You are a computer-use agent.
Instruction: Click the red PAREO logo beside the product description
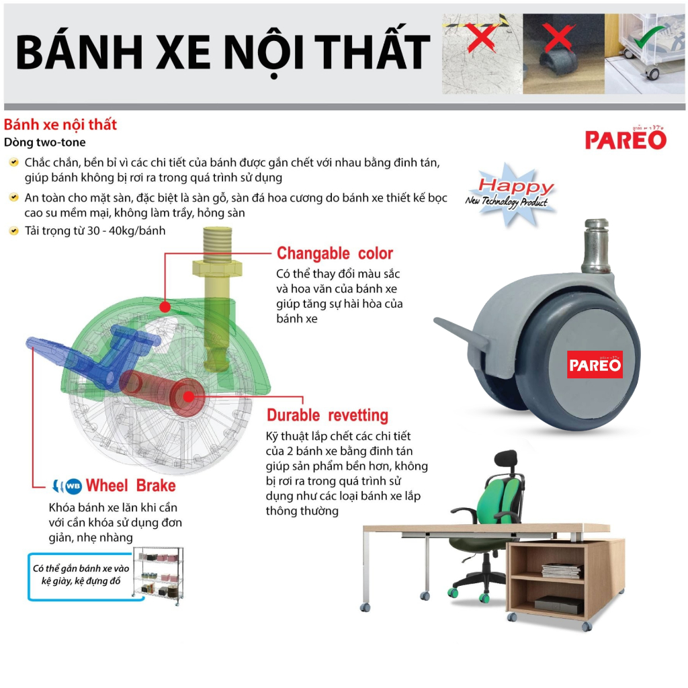(x=626, y=138)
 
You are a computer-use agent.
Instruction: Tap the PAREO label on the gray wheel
(x=595, y=364)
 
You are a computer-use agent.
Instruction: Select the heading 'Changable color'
(x=335, y=253)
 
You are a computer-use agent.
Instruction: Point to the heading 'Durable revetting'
(x=327, y=415)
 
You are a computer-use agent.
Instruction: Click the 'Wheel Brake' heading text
(x=131, y=485)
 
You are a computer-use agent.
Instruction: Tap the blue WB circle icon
(x=73, y=486)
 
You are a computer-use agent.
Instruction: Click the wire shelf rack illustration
(x=159, y=575)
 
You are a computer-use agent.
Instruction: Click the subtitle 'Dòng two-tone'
(x=45, y=142)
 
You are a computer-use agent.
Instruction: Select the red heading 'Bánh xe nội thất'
(x=60, y=124)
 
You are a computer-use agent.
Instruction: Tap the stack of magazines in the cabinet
(x=562, y=570)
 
